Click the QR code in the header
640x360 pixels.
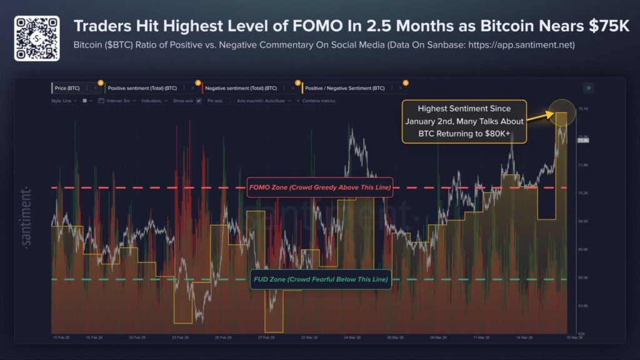coord(37,37)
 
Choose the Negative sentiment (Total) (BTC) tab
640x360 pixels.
coord(241,89)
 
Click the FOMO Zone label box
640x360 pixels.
coord(319,187)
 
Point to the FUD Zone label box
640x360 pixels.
coord(321,279)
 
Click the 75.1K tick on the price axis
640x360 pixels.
coord(583,109)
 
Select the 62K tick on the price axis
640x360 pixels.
coord(581,334)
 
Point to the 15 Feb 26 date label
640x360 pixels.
coord(60,337)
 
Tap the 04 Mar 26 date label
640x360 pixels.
coord(351,337)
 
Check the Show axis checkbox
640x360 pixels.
coord(198,100)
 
